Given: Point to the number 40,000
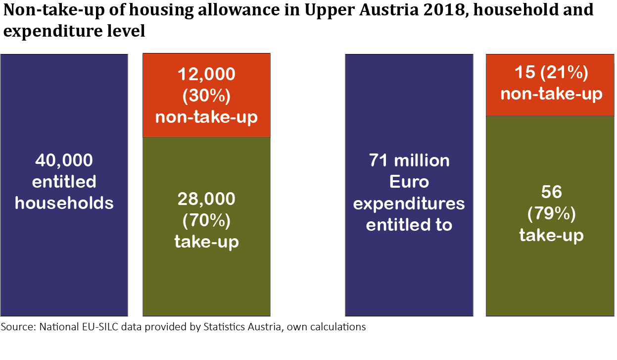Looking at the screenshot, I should pos(64,160).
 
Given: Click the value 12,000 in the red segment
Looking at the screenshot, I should pos(206,74).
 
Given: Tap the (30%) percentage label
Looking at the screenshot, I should pos(206,96).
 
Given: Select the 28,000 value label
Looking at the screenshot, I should pos(206,199).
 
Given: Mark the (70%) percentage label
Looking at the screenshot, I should pos(206,220).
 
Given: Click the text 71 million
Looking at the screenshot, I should pos(409,160).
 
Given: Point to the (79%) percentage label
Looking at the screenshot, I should pos(551,213).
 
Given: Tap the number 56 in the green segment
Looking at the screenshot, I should pos(551,192).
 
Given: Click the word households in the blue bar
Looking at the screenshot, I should pos(64,203).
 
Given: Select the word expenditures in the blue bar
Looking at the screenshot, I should pos(409,204).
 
